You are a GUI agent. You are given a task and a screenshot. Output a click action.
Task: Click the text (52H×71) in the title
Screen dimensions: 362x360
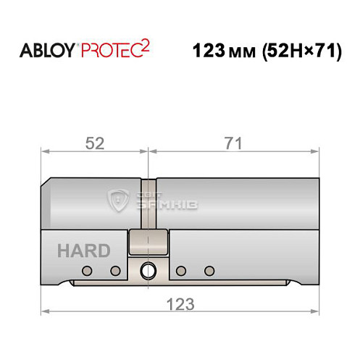297,52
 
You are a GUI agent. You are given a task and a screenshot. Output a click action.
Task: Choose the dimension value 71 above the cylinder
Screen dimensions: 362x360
233,143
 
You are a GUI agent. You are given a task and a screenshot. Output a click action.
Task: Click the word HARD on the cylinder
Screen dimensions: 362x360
84,251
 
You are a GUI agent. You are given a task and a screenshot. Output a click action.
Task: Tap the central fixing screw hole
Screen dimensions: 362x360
148,271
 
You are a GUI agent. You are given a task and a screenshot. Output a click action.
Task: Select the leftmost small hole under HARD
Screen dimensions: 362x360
87,271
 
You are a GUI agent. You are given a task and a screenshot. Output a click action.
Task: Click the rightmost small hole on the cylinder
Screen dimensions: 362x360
210,271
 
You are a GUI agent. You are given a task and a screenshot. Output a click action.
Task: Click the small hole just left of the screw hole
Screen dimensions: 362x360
114,271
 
